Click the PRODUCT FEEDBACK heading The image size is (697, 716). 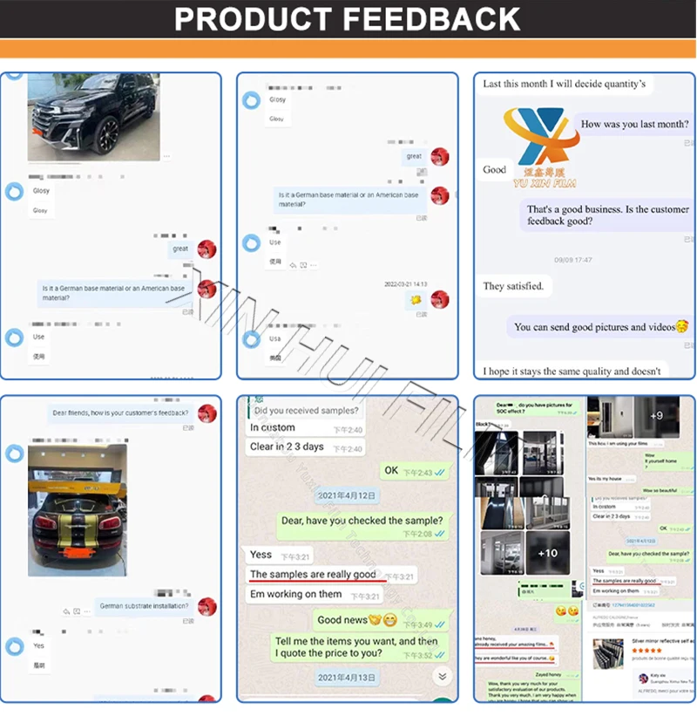pos(348,19)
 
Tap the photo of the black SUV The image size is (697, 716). pos(93,117)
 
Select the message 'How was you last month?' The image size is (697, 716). pos(634,124)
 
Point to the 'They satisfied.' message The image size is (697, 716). pos(514,286)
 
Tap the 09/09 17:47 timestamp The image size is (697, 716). pos(573,260)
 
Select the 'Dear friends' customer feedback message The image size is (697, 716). pos(120,413)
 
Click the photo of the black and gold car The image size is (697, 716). pos(77,510)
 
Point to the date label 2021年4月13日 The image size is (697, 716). pos(346,677)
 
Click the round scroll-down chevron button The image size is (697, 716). pos(442,676)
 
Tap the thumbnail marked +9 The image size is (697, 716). pos(655,416)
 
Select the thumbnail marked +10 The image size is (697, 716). pos(548,552)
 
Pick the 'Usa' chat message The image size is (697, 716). pos(275,339)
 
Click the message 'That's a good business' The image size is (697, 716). pos(607,215)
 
